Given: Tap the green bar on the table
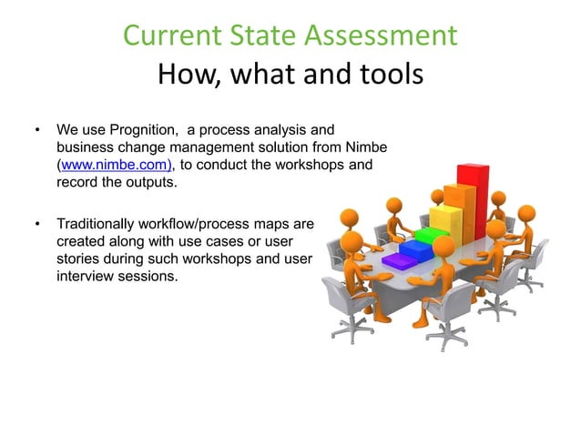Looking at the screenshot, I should point(425,238).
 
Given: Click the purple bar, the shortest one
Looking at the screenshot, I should point(398,262).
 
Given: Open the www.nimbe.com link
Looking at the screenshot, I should point(116,165).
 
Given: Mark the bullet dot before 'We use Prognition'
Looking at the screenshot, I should point(37,130).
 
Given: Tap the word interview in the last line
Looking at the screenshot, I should point(85,275).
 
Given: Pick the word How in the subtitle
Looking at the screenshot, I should point(188,74).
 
